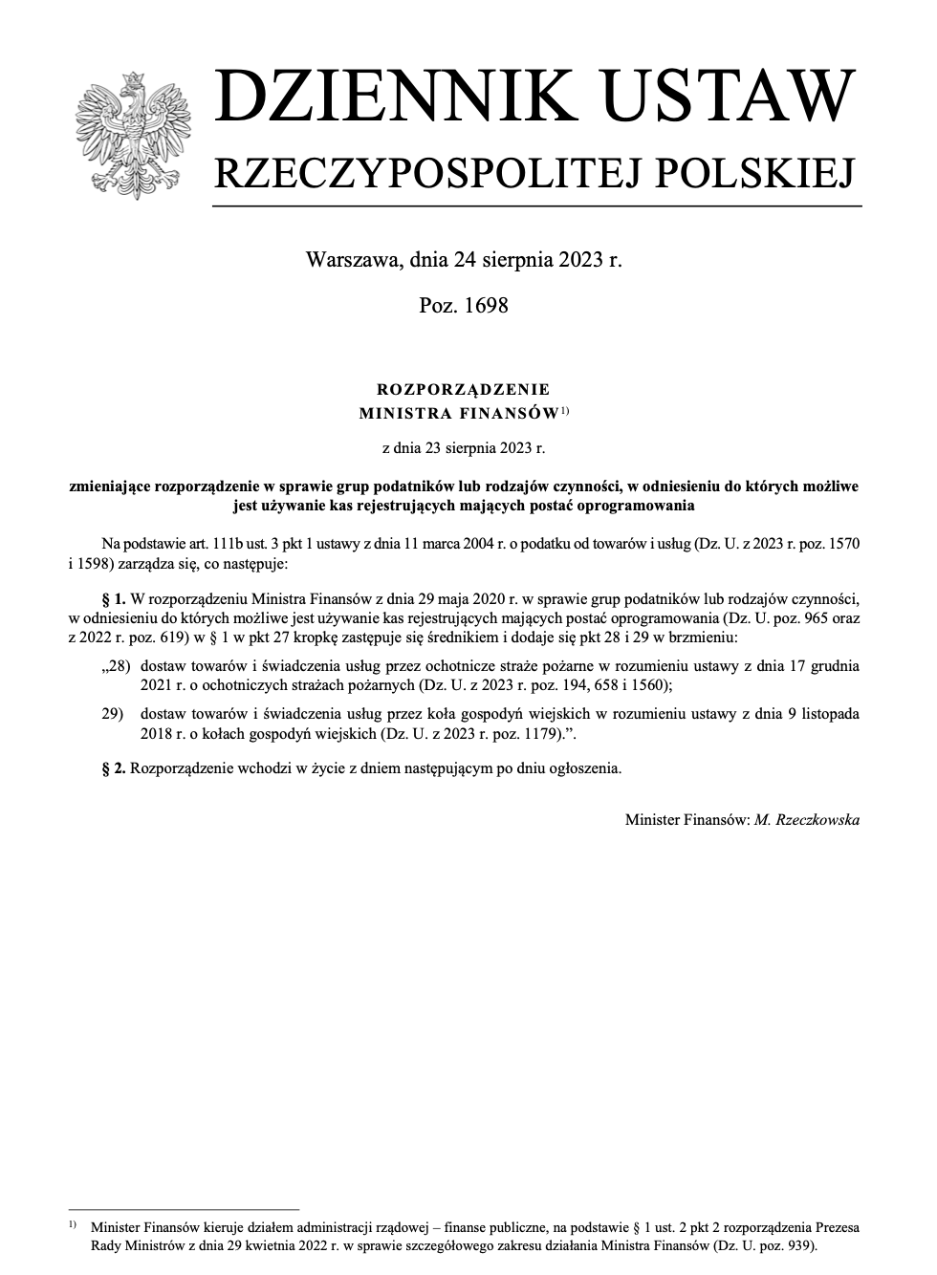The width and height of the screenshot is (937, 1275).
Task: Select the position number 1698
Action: pos(485,306)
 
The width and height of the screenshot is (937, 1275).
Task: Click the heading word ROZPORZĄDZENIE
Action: pos(464,389)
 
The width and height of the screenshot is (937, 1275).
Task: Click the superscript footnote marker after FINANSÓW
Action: pos(565,411)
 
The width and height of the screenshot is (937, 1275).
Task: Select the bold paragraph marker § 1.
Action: pos(114,599)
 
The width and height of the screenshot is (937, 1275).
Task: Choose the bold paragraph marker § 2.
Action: pos(114,767)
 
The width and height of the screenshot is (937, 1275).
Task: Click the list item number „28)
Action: pos(115,665)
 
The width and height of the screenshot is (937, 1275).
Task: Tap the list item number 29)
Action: pos(115,714)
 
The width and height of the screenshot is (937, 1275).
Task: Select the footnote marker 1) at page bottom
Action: pos(73,1224)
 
